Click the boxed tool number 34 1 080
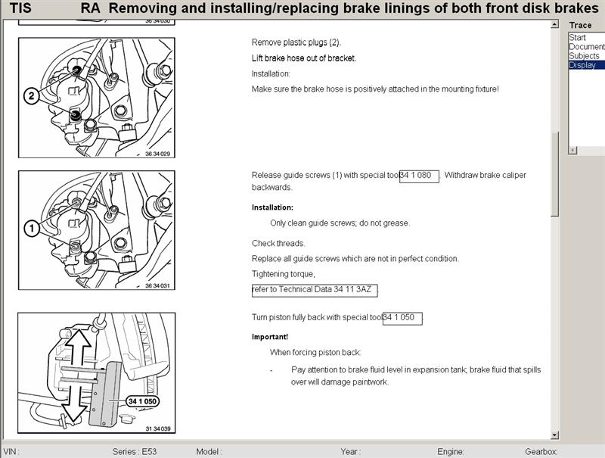419,176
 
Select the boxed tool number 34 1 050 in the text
402,317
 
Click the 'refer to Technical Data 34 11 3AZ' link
314,290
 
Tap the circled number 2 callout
31,96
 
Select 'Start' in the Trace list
578,38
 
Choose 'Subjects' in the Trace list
584,56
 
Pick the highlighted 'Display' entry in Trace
582,65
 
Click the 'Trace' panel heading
580,26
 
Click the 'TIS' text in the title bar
20,9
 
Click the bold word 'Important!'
269,337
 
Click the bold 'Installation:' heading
272,207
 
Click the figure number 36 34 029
160,154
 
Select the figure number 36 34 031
160,286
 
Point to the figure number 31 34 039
160,429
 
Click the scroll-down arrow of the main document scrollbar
555,435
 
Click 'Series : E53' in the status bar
135,451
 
